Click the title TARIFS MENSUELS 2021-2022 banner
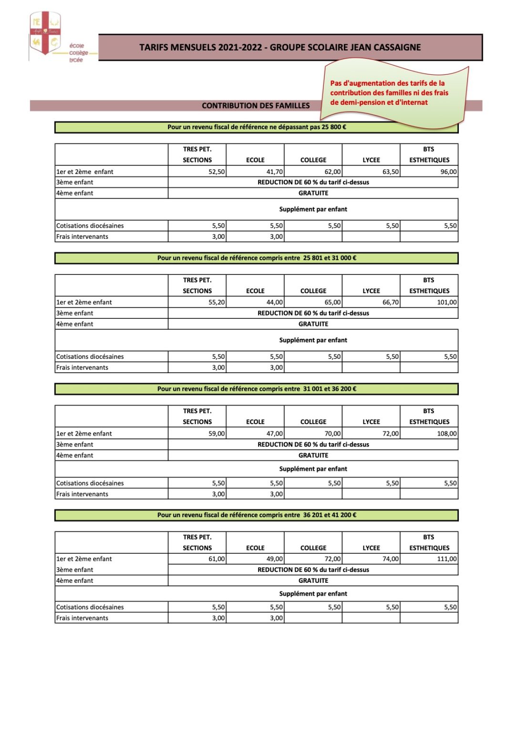coord(280,47)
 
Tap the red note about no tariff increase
coord(389,93)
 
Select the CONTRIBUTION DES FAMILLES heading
coord(256,106)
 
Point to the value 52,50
coord(217,172)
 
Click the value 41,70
coord(275,172)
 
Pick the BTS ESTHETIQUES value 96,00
coord(448,172)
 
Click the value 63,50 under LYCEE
coord(391,172)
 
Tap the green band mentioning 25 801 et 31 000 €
coord(257,258)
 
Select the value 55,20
coord(217,302)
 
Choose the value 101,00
coord(446,302)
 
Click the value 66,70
coord(391,302)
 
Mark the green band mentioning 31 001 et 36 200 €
coord(257,389)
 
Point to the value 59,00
coord(217,434)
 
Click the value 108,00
coord(446,434)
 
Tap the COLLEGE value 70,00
coord(332,434)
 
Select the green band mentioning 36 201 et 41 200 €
coord(257,515)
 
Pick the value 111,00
coord(446,559)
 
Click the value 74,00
coord(391,559)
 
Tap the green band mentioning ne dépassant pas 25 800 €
coord(257,127)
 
